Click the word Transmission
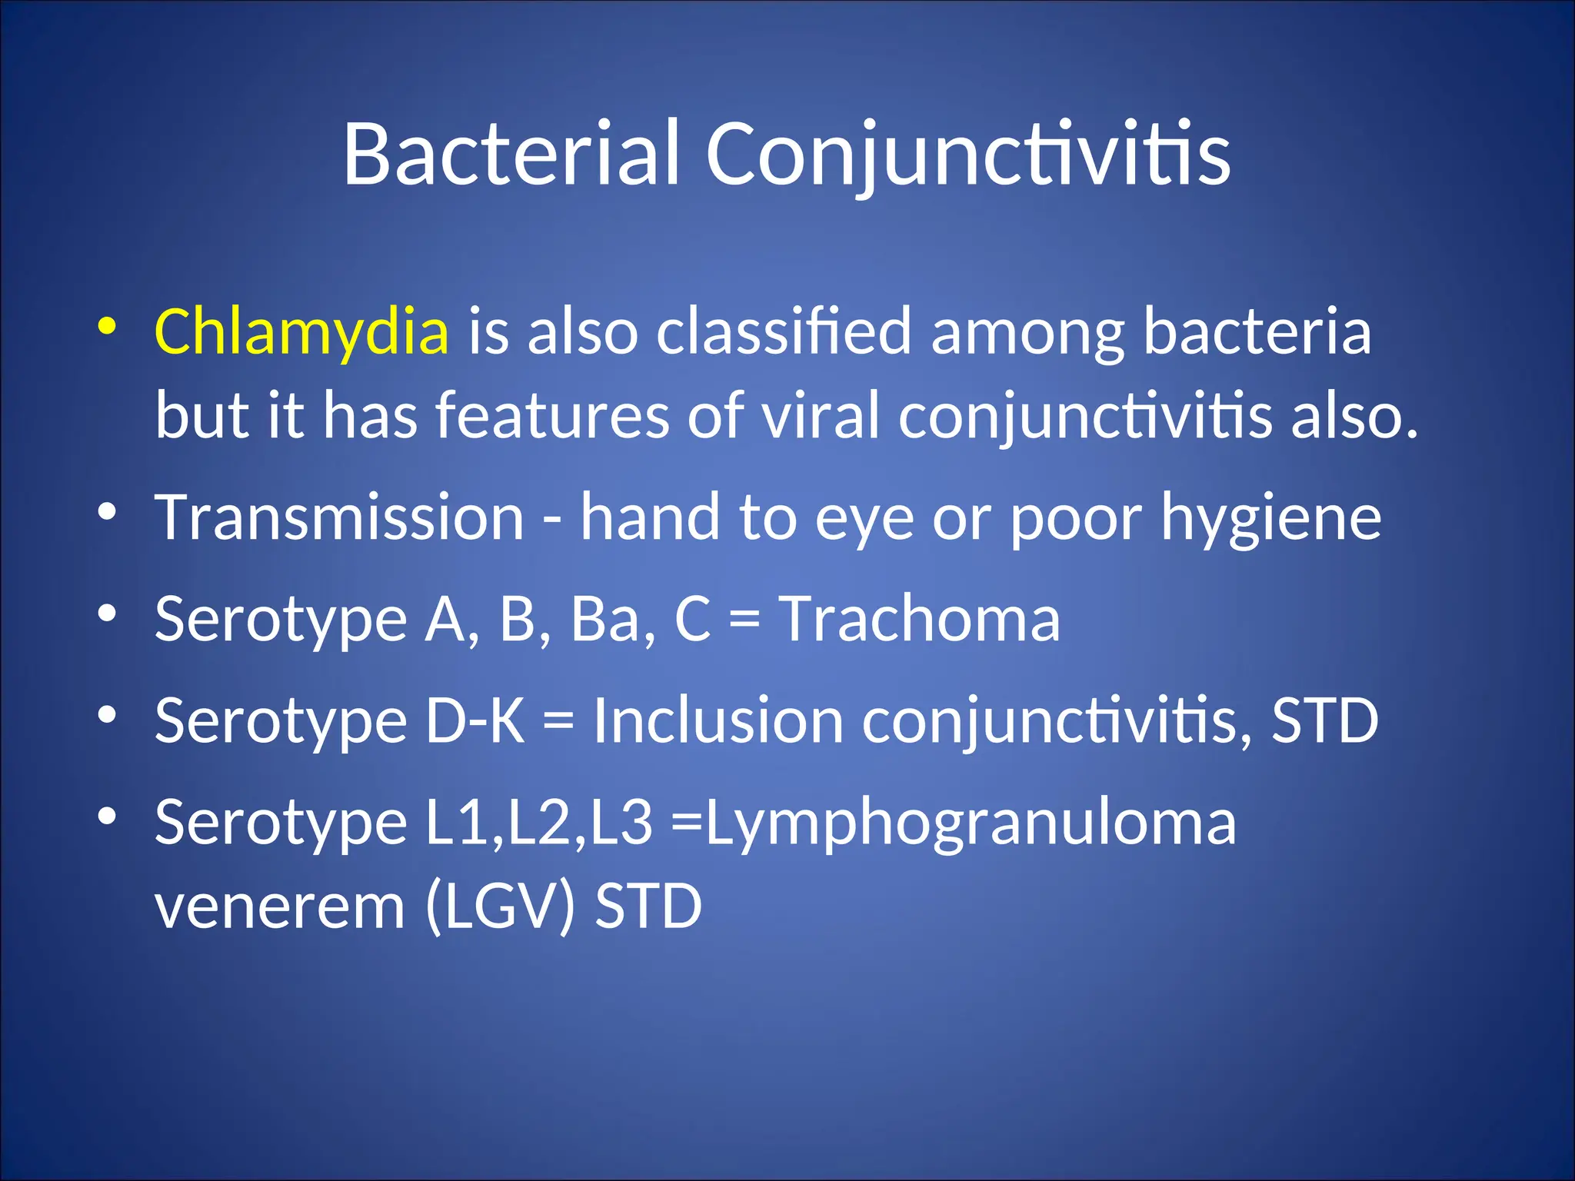coord(339,518)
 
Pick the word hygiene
coord(1270,518)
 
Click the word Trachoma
coord(920,620)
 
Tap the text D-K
coord(475,721)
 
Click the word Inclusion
coord(718,721)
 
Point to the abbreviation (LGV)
coord(499,907)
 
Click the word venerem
coord(279,907)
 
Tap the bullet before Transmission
coord(107,511)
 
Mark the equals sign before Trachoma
coord(744,620)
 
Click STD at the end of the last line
coord(648,907)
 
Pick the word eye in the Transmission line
coord(864,518)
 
